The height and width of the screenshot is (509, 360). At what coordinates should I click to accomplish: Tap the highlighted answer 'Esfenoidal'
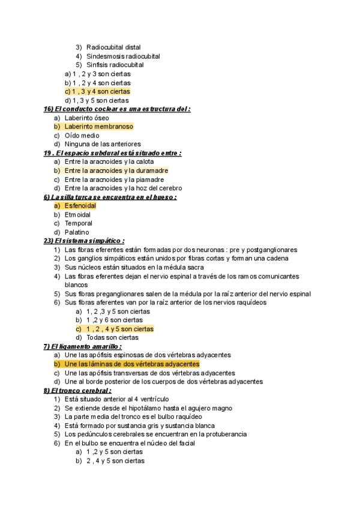pyautogui.click(x=80, y=206)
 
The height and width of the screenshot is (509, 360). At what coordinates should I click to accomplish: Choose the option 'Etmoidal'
pyautogui.click(x=77, y=214)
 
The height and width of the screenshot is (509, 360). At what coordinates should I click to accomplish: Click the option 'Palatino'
pyautogui.click(x=76, y=232)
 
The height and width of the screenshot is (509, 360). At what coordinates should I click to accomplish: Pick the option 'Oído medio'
pyautogui.click(x=82, y=136)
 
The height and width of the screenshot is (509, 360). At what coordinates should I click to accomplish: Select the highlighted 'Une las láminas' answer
pyautogui.click(x=131, y=364)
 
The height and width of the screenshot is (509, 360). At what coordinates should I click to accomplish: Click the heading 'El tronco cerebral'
pyautogui.click(x=77, y=391)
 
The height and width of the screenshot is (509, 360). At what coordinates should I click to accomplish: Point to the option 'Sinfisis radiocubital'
pyautogui.click(x=115, y=65)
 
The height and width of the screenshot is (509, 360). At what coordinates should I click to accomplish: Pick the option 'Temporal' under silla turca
pyautogui.click(x=78, y=223)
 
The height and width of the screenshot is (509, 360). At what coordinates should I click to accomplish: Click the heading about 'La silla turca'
pyautogui.click(x=110, y=197)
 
